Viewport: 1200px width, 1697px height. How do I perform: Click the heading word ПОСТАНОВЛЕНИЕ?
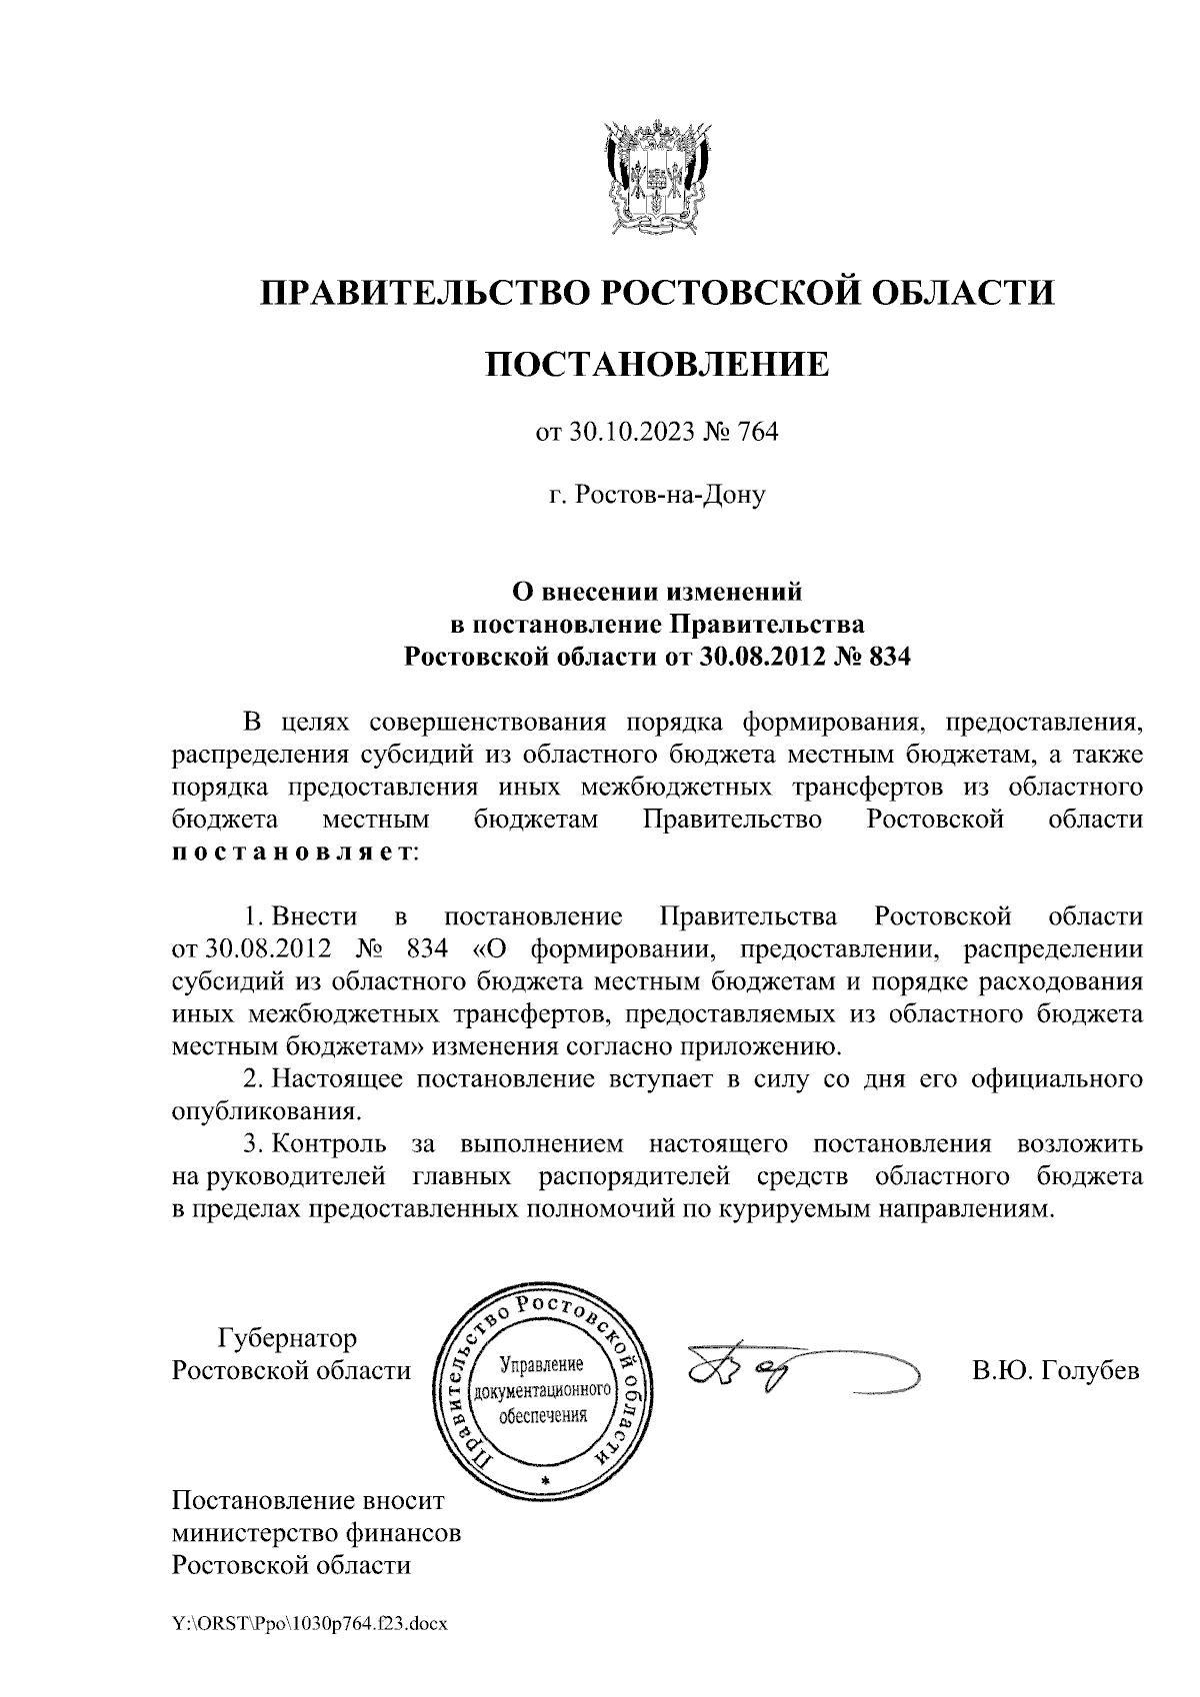(x=657, y=364)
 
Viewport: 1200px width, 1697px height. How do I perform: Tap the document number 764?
(x=757, y=433)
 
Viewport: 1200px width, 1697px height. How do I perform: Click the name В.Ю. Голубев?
(x=1056, y=1370)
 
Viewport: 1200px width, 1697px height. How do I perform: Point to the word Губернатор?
(x=288, y=1337)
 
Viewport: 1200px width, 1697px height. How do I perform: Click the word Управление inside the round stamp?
(x=541, y=1364)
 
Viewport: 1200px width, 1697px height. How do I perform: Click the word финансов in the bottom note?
(x=405, y=1532)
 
